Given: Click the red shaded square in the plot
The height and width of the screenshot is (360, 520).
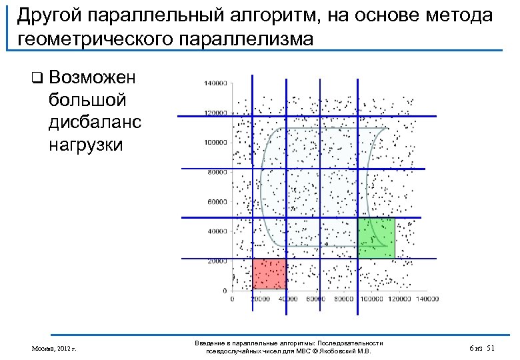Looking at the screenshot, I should tap(269, 274).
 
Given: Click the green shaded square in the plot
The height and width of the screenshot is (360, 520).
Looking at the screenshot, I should tap(377, 238).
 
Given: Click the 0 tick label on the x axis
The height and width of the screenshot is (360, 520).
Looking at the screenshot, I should tap(232, 300).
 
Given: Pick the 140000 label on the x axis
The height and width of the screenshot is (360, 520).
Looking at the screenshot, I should tap(428, 300).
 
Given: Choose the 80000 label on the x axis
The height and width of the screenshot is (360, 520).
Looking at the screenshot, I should tap(344, 300).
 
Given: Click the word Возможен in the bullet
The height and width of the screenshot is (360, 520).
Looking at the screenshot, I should tap(92, 77).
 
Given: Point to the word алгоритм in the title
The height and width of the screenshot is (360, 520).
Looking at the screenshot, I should tap(262, 15).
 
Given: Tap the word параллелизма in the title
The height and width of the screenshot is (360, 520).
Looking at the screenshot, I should tap(243, 37).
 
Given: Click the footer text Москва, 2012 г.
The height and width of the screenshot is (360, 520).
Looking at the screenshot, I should tap(54, 349).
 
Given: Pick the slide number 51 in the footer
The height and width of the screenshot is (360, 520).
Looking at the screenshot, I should tap(491, 349).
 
